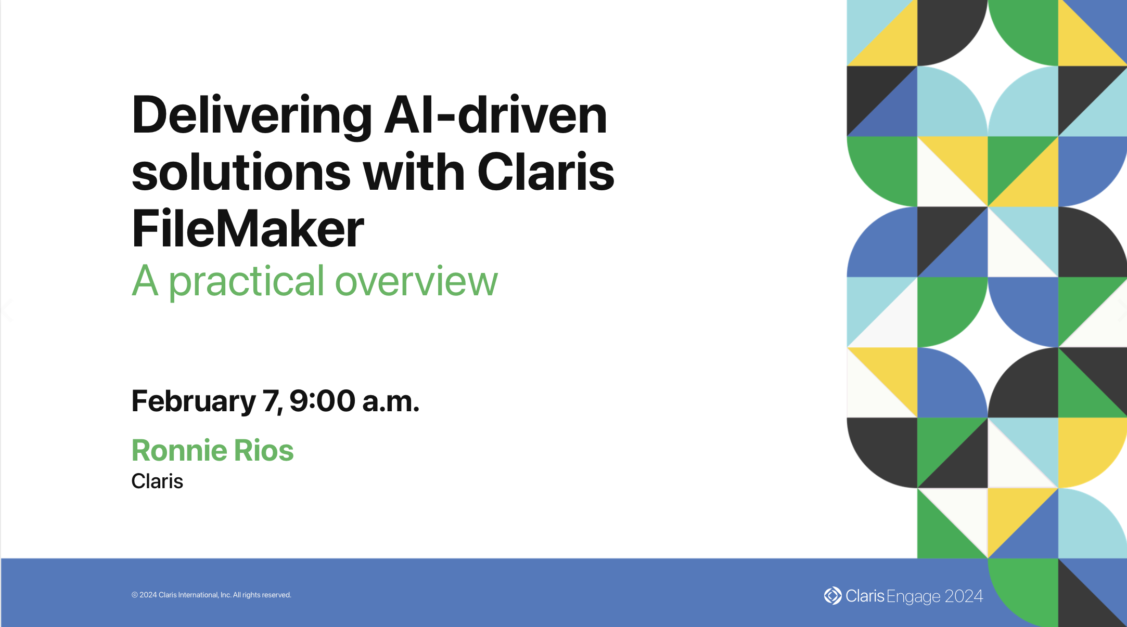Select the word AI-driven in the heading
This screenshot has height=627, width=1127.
[496, 115]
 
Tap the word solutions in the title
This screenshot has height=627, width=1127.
[241, 172]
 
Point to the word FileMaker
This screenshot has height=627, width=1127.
[248, 228]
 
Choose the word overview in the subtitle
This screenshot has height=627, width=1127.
[416, 281]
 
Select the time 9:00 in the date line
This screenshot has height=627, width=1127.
[323, 401]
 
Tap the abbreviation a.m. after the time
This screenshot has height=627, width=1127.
[391, 402]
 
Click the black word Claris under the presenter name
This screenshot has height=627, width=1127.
[157, 481]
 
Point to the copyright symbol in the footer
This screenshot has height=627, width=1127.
[135, 595]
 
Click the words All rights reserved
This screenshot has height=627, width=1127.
[262, 595]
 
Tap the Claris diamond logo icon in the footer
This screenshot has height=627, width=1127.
[833, 596]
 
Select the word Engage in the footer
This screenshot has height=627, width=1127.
[914, 597]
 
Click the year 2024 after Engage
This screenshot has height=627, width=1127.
[964, 596]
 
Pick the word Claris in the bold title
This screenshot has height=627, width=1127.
[546, 172]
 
